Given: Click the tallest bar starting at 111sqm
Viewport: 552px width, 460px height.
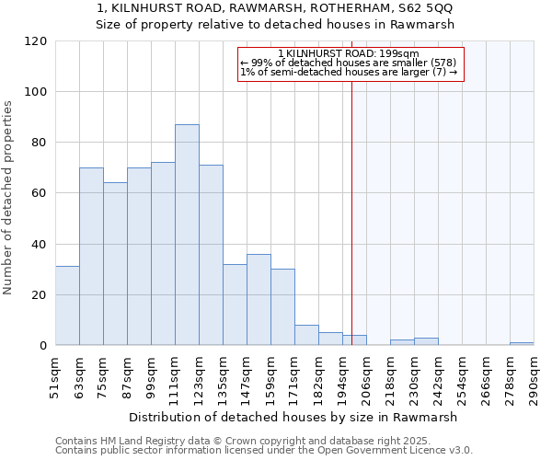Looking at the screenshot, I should point(187,235).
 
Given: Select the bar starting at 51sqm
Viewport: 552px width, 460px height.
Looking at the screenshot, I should point(67,305).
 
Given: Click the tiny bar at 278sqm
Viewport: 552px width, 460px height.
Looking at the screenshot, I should point(522,343).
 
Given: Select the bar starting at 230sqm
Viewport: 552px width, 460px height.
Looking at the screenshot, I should point(426,341).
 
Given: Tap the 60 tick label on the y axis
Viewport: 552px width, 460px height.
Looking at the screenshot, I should point(40,193).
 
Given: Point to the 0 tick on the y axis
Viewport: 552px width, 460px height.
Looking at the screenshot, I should point(43,346).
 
